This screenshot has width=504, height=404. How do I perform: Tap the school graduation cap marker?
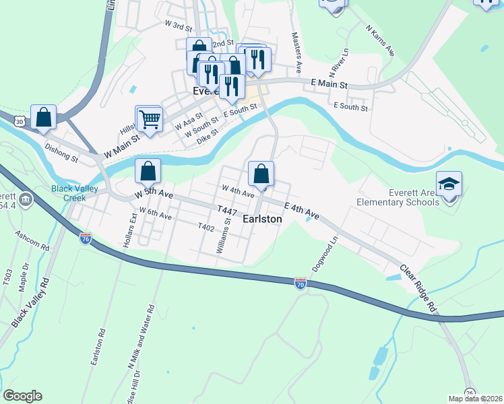(x=448, y=184)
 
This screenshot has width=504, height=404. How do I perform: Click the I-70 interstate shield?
(x=301, y=284)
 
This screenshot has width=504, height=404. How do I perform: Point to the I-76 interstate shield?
(x=85, y=238)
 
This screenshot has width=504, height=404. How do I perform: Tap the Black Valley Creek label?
(x=75, y=193)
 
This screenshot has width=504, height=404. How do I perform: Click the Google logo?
(x=22, y=396)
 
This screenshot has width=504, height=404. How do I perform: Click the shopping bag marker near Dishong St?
(x=43, y=116)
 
